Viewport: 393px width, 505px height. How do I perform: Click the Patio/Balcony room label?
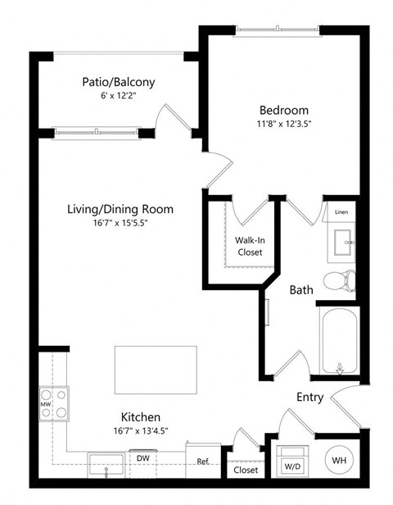coord(118,82)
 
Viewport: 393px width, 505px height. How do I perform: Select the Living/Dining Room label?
coord(120,209)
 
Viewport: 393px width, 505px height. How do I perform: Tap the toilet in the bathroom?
coord(339,281)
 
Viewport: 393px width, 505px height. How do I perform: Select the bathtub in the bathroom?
coord(338,340)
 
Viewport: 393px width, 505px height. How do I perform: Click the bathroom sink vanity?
coord(342,242)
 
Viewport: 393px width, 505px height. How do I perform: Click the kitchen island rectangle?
coord(155,371)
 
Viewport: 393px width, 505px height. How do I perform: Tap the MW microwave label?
coord(45,404)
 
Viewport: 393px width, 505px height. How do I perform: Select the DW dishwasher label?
coord(142,458)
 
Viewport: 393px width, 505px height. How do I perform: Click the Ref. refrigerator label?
coord(203,462)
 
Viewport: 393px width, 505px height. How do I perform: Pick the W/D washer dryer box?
coord(291,463)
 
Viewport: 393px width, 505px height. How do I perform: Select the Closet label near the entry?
coord(246,471)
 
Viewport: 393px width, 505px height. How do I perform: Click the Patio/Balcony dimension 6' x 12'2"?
coord(118,96)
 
